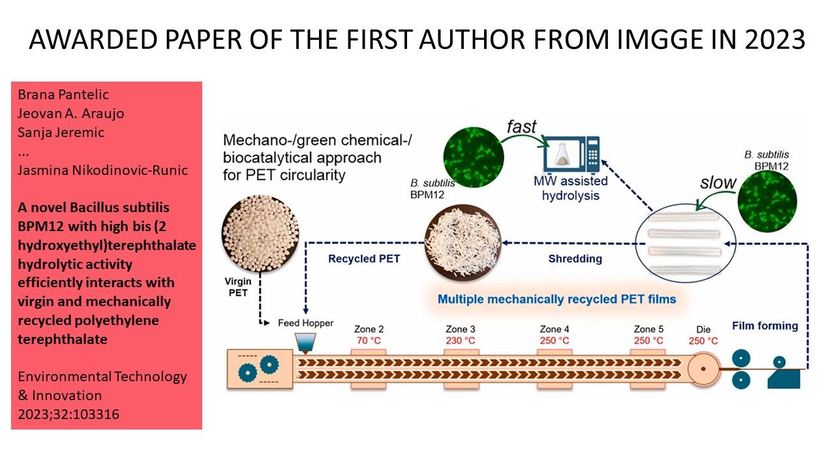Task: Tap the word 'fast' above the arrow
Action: coord(521,126)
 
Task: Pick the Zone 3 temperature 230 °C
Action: coord(461,341)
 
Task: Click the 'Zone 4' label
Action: coord(555,329)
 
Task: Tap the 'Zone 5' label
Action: coord(649,329)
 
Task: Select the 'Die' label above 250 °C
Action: coord(703,329)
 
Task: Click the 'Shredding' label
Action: coord(575,258)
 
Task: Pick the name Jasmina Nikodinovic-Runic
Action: coord(103,170)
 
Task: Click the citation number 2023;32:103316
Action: coord(68,413)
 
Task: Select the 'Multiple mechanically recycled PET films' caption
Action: coord(556,299)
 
